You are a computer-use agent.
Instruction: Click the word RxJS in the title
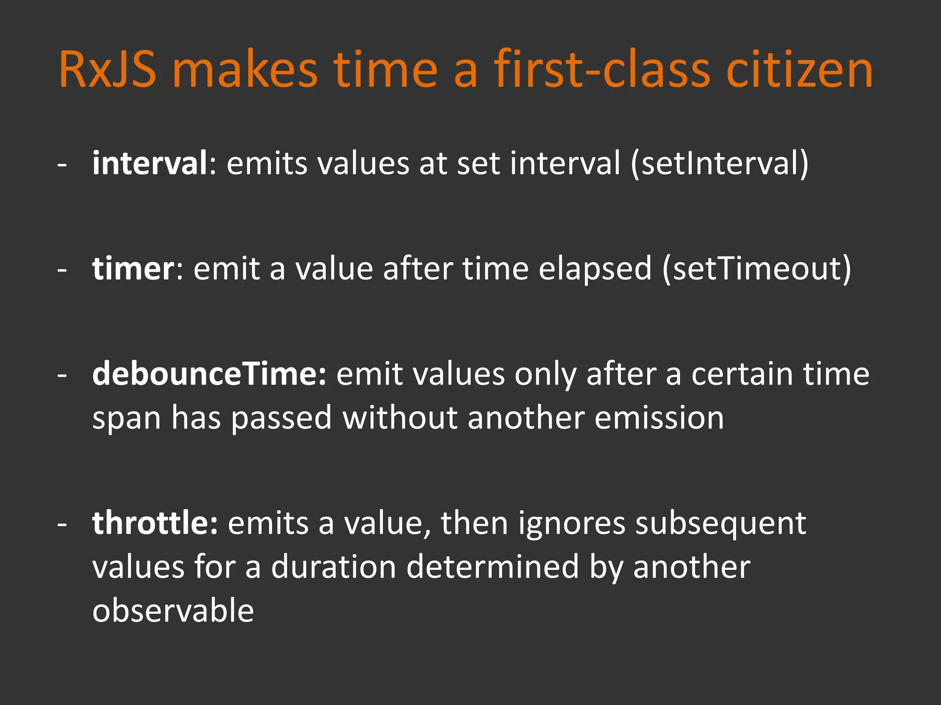coord(108,70)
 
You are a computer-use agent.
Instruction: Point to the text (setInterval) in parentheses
coord(720,164)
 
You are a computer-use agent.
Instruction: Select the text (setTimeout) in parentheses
coord(757,269)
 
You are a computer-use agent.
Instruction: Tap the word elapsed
coord(595,269)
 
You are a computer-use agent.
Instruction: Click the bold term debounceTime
coord(209,374)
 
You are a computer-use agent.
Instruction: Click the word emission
coord(659,418)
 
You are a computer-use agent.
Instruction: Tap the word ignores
coord(572,524)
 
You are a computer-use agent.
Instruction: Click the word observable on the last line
coord(173,610)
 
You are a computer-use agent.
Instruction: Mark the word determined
coord(493,567)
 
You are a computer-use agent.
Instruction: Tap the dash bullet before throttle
coord(62,525)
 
